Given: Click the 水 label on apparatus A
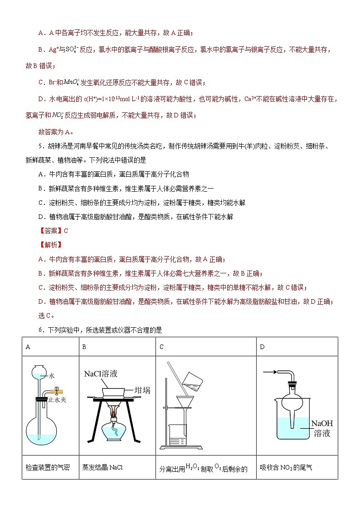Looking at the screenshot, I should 52,376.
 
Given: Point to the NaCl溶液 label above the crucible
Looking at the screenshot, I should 101,374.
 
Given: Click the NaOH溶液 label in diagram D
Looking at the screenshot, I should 322,428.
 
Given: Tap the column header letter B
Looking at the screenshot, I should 84,347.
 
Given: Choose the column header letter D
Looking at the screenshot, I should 262,347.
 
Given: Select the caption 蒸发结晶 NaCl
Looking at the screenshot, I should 103,467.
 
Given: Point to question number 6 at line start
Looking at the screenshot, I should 41,330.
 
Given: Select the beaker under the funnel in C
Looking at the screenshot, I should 178,435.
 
